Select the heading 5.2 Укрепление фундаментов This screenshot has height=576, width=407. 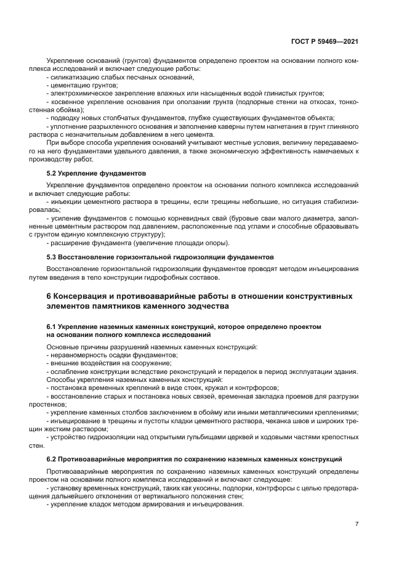(x=96, y=173)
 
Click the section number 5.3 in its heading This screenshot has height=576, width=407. (x=53, y=256)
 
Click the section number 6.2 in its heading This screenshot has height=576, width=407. (x=53, y=460)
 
